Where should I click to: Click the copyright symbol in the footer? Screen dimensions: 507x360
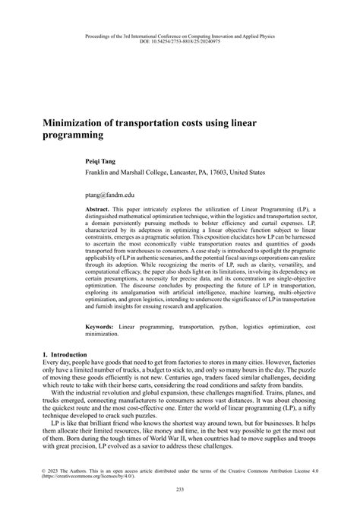44,471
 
